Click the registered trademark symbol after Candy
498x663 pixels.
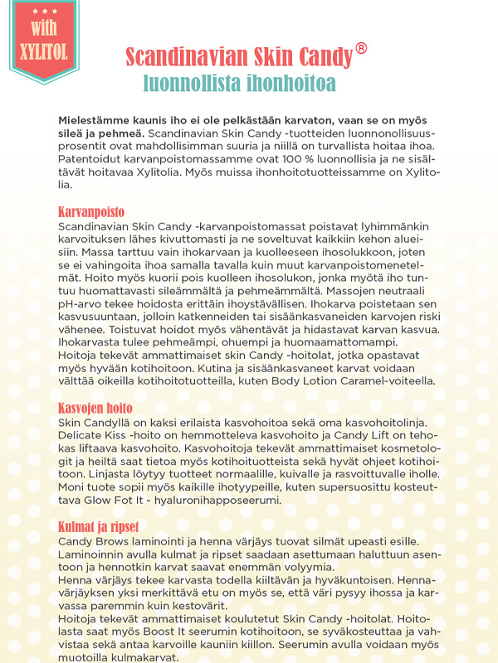(x=361, y=49)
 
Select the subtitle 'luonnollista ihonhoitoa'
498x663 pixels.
(x=239, y=82)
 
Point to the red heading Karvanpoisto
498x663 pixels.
(x=91, y=211)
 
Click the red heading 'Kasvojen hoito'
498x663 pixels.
(x=95, y=409)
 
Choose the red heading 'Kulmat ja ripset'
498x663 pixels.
(x=98, y=527)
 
